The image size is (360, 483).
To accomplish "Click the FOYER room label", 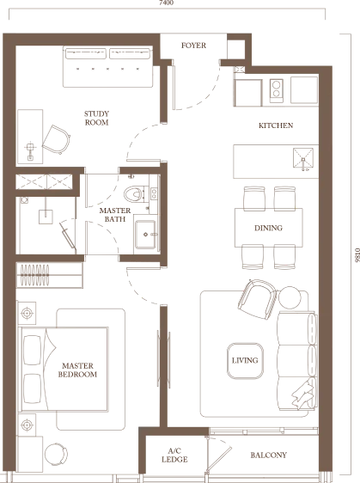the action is coord(193,46).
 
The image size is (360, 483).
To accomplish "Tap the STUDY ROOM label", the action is coord(97,118).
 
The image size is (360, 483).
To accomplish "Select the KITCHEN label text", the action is coord(276,125).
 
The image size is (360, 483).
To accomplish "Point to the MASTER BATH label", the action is coord(115,215).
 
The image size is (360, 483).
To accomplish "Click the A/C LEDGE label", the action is coord(174,455).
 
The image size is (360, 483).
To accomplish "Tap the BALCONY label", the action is coord(269,455).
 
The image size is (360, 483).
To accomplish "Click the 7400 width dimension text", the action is coord(167,3).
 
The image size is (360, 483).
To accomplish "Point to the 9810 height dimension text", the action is coord(357,255).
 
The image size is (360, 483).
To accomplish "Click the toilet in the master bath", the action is coord(133,194).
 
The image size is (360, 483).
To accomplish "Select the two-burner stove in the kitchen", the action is coord(277,90).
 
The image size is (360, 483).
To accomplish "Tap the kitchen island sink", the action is coord(303,158).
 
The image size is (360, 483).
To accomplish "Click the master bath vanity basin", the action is coord(145,234).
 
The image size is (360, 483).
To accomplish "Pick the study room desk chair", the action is coord(57,139).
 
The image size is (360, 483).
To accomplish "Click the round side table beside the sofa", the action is coord(290,297).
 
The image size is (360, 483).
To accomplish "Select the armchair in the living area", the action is coord(258,299).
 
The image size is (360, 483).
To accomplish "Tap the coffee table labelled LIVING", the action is coord(245,361).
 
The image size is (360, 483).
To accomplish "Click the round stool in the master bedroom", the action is coord(56,455).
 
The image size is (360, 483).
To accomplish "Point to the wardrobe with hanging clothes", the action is coord(49,275).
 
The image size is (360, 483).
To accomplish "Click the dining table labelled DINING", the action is coord(269,228).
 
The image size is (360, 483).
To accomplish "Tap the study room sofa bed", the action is coord(107,66).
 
